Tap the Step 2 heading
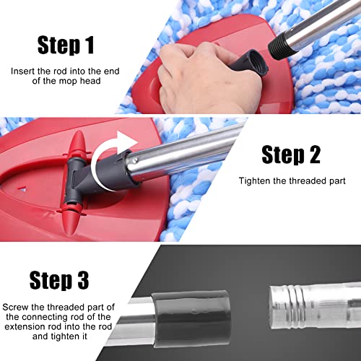click(x=290, y=155)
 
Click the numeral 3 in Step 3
click(x=97, y=279)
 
